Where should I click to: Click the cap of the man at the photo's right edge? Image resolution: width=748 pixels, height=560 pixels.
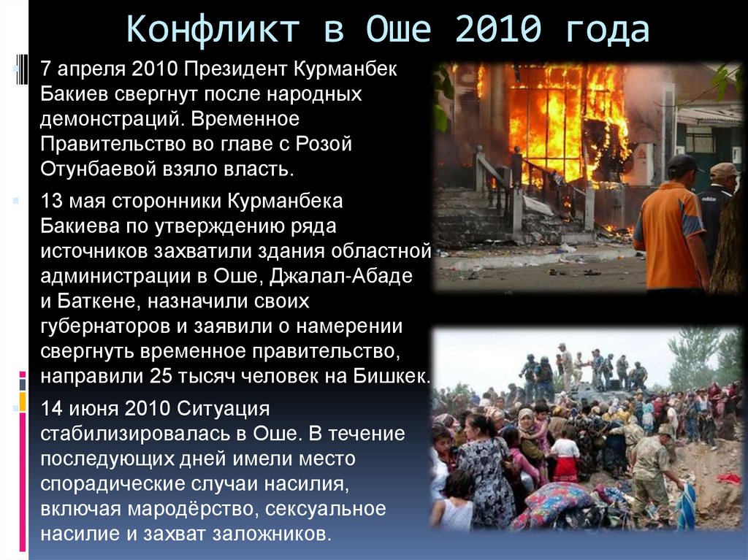pyautogui.click(x=725, y=170)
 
